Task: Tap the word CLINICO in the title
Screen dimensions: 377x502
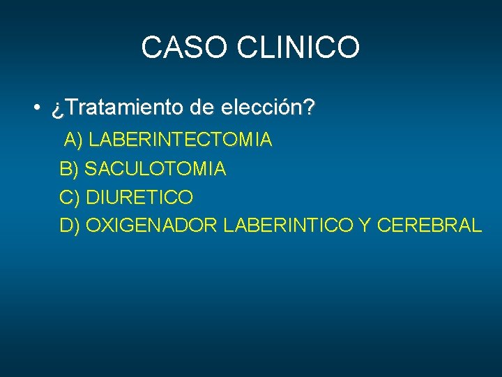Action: [299, 47]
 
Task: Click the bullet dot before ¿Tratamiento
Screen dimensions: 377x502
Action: [34, 109]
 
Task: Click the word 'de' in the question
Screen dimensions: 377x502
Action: [202, 109]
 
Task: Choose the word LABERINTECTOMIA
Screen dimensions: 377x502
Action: [181, 140]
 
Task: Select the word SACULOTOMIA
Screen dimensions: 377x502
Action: [155, 169]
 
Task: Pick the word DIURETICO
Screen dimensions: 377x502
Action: [139, 198]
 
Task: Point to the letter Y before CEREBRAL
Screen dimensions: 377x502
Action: [365, 226]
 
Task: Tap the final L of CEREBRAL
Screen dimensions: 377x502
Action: [476, 226]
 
